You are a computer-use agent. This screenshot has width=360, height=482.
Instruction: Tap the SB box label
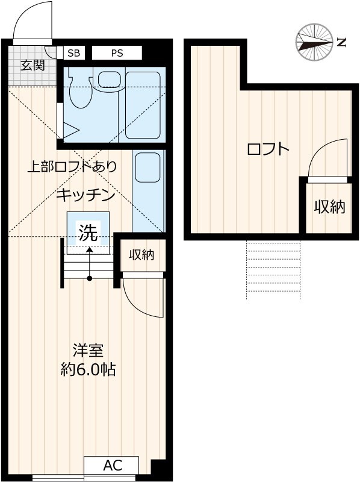click(x=73, y=53)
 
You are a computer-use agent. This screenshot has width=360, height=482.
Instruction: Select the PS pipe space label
click(x=117, y=53)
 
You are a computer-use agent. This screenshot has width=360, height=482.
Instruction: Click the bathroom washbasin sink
click(x=108, y=80)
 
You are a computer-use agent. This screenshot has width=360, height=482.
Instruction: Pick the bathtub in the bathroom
click(x=143, y=106)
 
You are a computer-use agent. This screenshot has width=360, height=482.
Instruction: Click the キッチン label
click(x=86, y=195)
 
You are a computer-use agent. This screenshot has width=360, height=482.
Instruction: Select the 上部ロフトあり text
click(x=72, y=167)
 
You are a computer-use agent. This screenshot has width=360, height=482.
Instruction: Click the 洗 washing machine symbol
click(x=88, y=232)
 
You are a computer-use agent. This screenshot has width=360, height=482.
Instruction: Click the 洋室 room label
click(x=88, y=350)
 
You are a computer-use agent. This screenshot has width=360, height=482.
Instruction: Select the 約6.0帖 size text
click(x=88, y=369)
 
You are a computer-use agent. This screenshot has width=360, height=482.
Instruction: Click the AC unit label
click(x=112, y=465)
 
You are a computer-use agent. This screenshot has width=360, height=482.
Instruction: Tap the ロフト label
click(x=268, y=149)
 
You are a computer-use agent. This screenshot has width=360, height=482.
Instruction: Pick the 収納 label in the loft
click(x=329, y=207)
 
